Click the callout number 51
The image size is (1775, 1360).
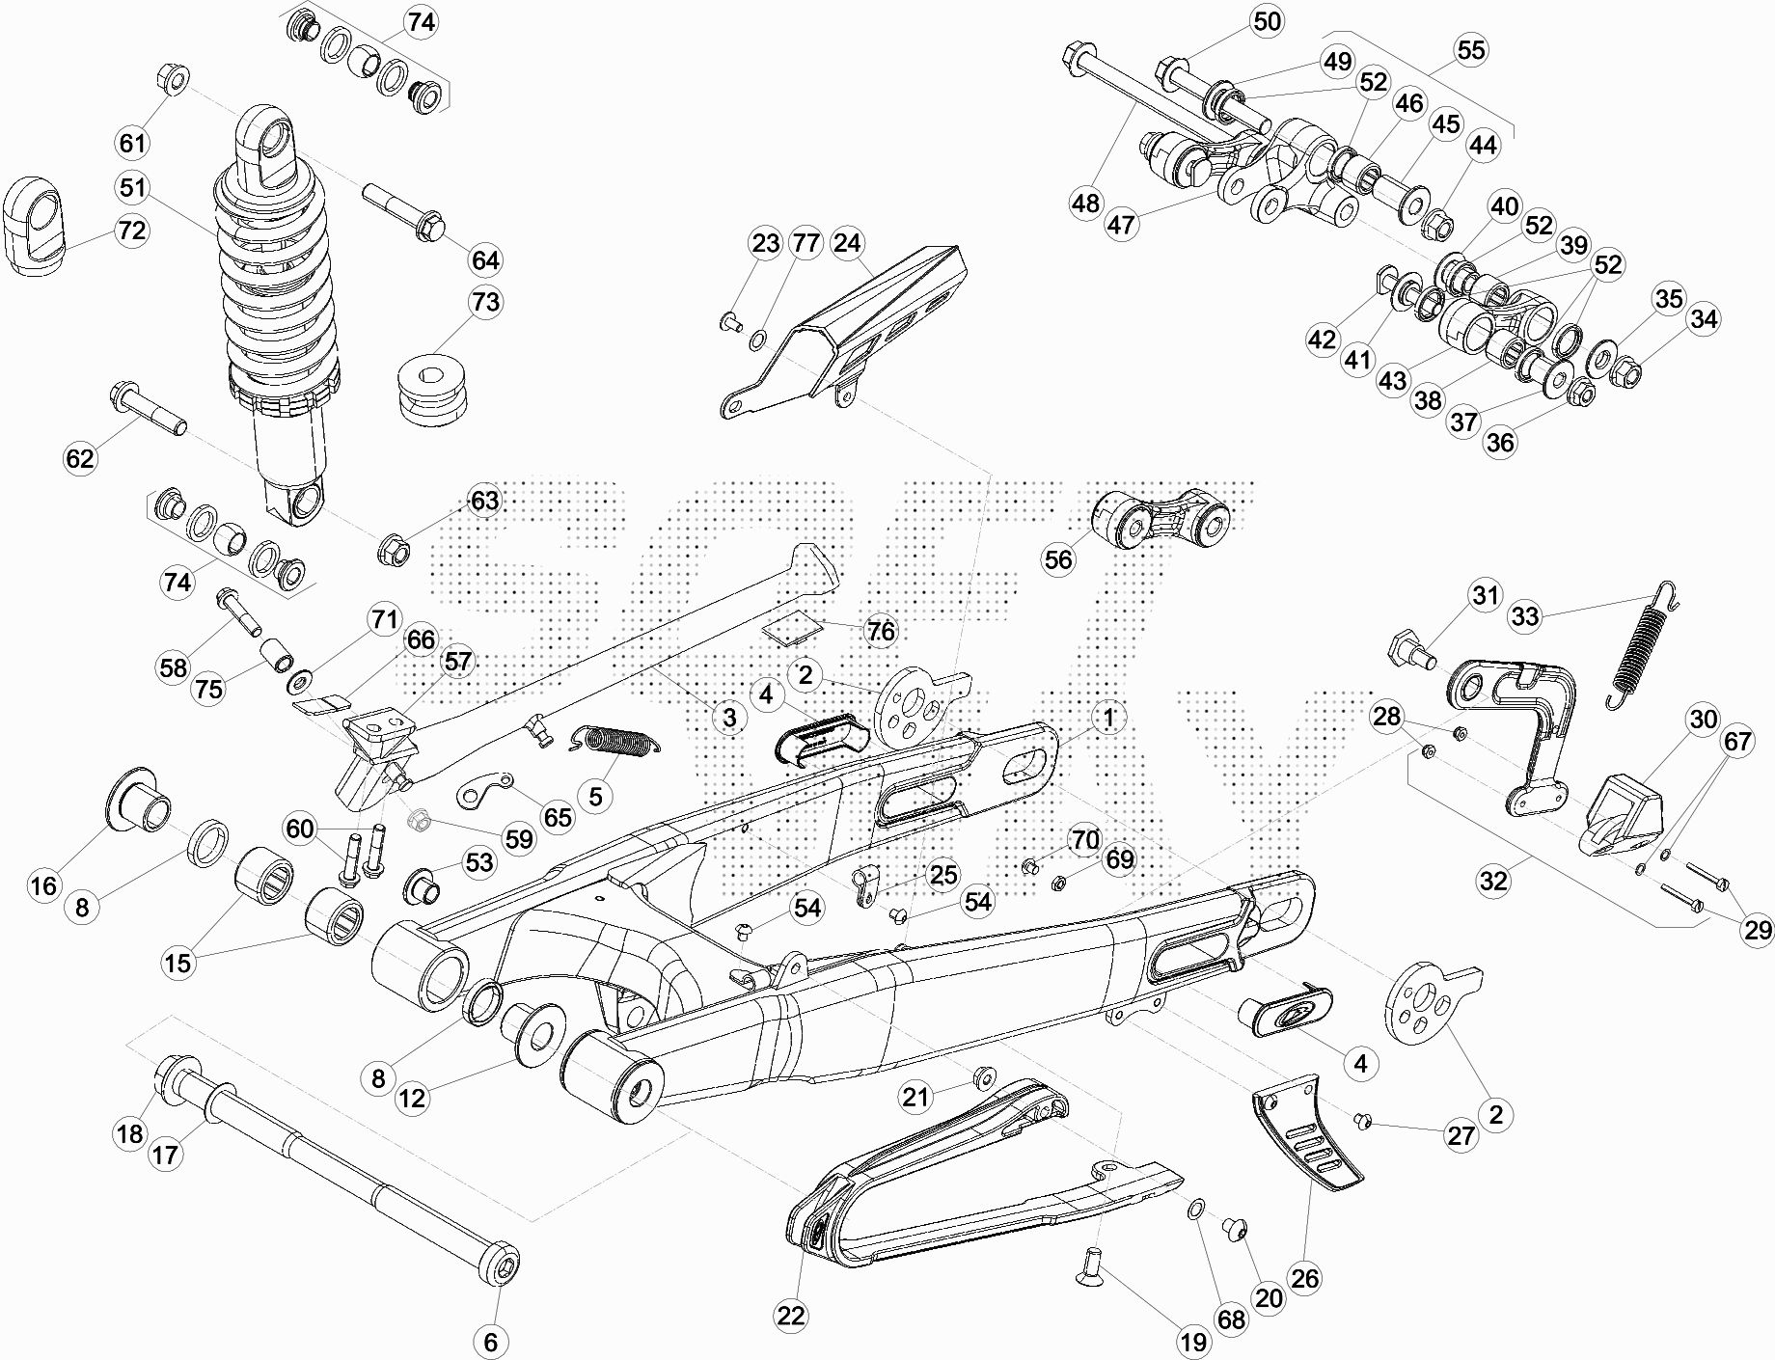pos(133,187)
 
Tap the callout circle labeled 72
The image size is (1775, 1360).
pos(132,231)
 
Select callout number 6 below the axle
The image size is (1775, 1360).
pos(490,1341)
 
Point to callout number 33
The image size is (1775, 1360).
pos(1525,615)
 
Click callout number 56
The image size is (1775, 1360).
pos(1058,560)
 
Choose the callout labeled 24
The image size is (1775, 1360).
pos(847,243)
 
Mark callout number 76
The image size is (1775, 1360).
pos(881,632)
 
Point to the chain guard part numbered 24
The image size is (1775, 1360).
pos(844,333)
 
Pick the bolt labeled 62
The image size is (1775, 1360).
pos(149,409)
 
